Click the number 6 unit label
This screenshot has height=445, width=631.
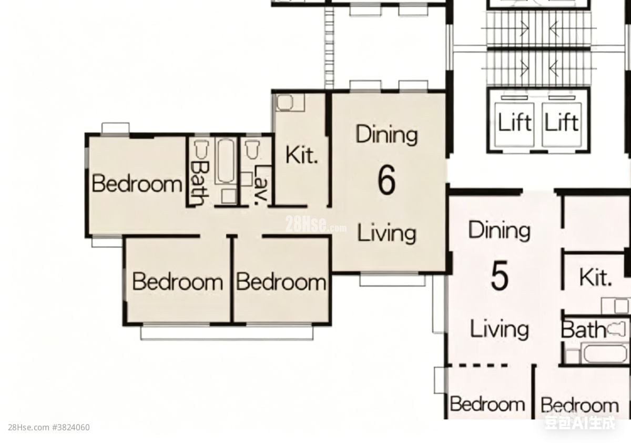[x=386, y=180]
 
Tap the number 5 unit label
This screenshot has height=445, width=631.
[x=500, y=275]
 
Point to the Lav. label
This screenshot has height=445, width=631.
[x=261, y=185]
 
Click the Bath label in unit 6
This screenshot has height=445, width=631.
[x=199, y=183]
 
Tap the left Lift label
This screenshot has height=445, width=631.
[x=515, y=122]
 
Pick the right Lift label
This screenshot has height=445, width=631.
[x=562, y=122]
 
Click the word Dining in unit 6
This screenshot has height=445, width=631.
[x=386, y=135]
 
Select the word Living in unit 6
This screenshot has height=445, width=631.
[x=386, y=234]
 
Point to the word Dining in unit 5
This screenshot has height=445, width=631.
[x=499, y=230]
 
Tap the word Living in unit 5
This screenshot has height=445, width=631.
[x=500, y=329]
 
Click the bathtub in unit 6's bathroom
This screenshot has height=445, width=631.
[x=226, y=161]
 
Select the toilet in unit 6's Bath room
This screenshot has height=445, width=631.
[x=202, y=149]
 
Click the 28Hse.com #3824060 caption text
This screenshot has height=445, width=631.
[x=49, y=428]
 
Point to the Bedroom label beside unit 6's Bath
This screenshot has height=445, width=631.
[x=137, y=184]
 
